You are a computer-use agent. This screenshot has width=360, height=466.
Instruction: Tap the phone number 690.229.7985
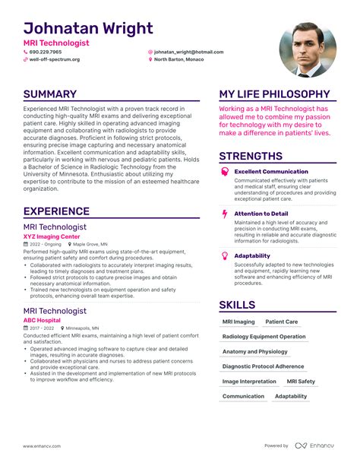46,52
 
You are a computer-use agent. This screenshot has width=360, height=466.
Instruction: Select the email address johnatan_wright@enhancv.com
186,52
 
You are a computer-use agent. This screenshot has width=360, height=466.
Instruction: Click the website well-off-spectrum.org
54,59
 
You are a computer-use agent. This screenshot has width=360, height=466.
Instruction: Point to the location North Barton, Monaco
180,59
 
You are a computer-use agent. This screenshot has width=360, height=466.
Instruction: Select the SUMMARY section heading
50,94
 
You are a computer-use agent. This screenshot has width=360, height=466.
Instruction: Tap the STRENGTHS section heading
251,157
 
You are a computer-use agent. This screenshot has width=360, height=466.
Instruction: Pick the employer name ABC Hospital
43,320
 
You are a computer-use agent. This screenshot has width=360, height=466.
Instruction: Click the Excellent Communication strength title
271,172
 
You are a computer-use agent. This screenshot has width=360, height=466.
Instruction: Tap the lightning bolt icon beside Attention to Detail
224,214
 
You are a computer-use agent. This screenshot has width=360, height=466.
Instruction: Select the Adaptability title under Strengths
252,255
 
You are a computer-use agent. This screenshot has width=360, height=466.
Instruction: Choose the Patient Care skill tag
282,322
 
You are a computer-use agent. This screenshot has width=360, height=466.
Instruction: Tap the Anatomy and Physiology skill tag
255,352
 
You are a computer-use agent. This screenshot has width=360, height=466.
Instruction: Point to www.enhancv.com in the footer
41,445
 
